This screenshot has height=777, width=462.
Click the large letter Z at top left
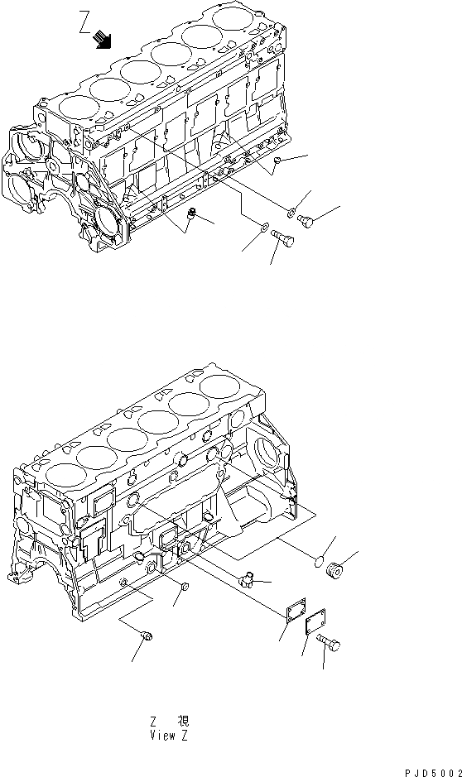[x=84, y=18]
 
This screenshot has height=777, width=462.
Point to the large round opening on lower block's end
[x=269, y=451]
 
